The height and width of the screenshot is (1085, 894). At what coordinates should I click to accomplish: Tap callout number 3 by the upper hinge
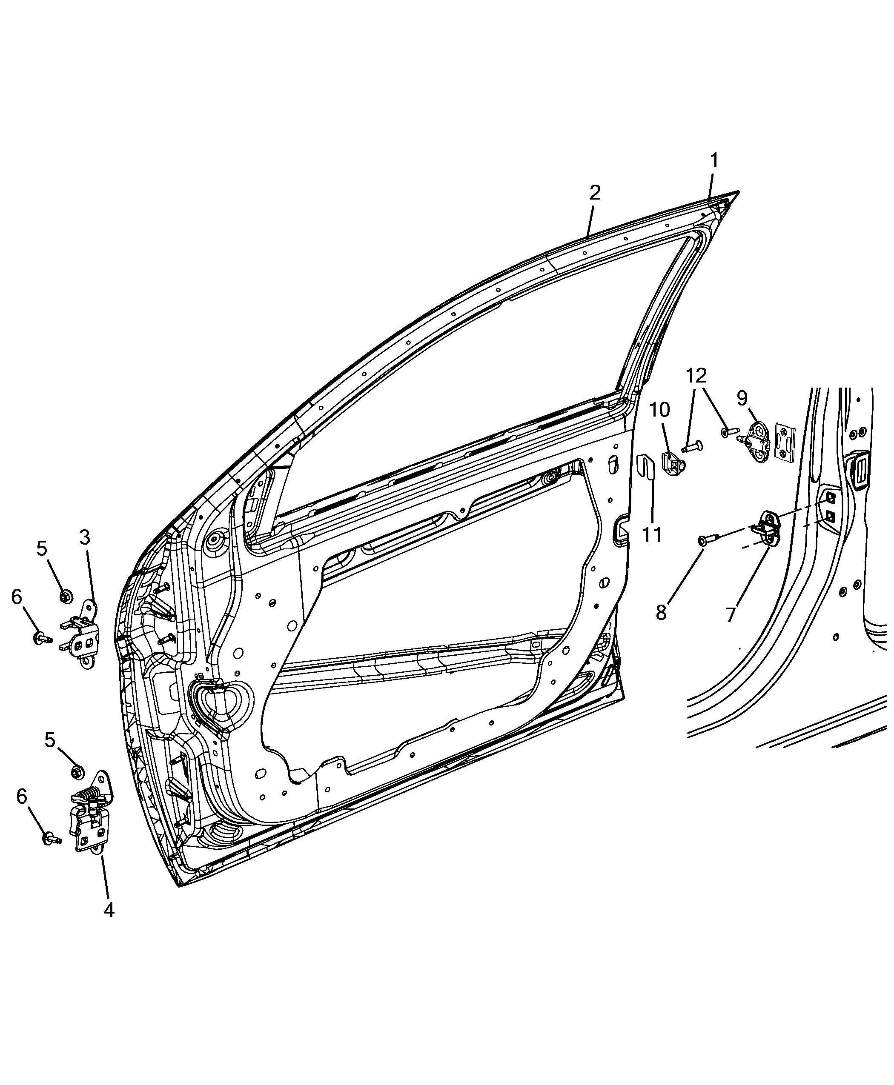85,538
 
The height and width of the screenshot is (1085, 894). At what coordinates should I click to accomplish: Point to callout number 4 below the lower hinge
109,910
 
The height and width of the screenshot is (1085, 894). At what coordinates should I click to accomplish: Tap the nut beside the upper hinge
66,597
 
